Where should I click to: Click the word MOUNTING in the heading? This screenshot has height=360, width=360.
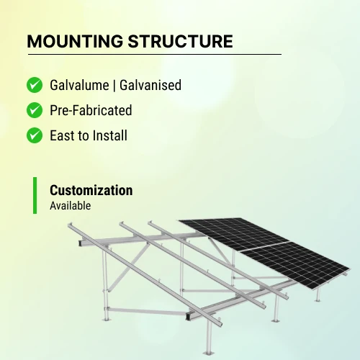pos(75,41)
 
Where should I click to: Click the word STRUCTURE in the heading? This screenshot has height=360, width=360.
pos(180,41)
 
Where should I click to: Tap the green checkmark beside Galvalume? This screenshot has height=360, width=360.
pos(35,85)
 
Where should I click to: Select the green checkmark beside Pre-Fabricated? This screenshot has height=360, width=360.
pos(35,110)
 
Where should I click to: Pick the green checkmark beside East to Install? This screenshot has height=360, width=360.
pos(35,135)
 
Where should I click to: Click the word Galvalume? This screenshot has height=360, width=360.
pos(79,85)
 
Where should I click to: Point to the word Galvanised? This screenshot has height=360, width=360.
pos(150,85)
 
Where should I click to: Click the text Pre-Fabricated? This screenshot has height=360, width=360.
pos(91,110)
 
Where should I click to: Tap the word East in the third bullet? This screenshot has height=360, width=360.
pos(63,135)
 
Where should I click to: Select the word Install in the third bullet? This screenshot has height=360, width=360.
pos(110,135)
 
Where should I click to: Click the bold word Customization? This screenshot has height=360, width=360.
pos(91,190)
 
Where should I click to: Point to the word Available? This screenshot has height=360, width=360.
pos(71,206)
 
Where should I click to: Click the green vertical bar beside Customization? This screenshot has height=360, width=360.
pos(35,195)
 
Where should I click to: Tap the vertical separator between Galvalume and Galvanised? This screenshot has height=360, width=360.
pos(114,86)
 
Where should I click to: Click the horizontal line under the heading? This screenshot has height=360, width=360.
pos(155,55)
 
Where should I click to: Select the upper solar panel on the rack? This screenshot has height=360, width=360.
pos(234,234)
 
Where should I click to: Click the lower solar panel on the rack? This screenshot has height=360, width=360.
pos(296,265)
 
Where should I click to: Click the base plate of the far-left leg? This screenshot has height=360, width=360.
pos(106,319)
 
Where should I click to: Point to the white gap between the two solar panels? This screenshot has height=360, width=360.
pos(264,246)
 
